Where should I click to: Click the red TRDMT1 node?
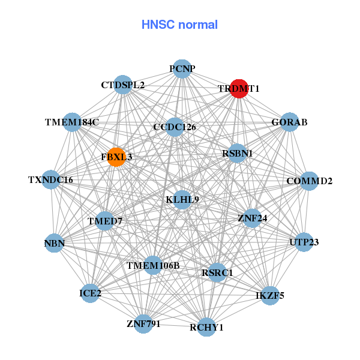[x=239, y=88]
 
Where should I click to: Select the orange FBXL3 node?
[x=116, y=157]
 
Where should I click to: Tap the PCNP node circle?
[x=182, y=69]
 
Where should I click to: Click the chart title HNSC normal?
[x=179, y=25]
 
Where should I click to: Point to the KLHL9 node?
[x=182, y=199]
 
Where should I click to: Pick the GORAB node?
[x=289, y=122]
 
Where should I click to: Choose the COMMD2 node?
[x=309, y=181]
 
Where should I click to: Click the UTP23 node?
[x=304, y=242]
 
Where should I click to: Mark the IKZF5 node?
[x=269, y=295]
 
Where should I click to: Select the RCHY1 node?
[x=206, y=327]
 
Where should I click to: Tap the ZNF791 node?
[x=143, y=324]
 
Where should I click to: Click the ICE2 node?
[x=90, y=293]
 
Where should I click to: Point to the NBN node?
[x=54, y=243]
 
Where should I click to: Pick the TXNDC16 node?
[x=50, y=180]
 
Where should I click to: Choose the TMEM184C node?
[x=72, y=122]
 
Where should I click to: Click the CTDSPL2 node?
[x=123, y=85]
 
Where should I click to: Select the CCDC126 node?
[x=174, y=127]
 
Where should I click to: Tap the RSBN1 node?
[x=237, y=153]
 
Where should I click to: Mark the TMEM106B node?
[x=153, y=265]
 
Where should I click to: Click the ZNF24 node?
[x=252, y=218]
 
